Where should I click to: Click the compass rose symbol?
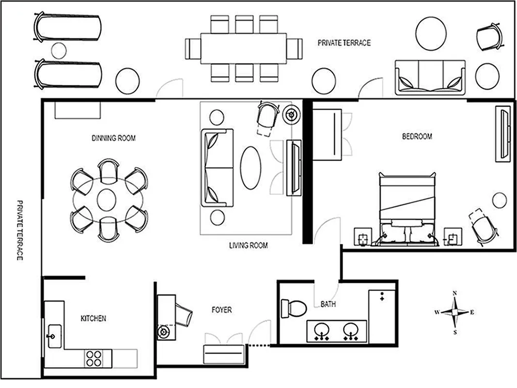[454, 312]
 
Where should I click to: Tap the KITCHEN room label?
[93, 319]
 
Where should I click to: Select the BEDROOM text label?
[417, 136]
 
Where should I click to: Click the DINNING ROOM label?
[113, 138]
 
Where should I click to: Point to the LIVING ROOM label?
[248, 245]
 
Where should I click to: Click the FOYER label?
[221, 309]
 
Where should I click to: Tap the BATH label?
[328, 305]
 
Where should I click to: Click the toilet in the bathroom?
[294, 307]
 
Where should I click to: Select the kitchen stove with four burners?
[94, 358]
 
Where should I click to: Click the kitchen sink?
[53, 335]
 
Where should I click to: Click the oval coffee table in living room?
[251, 168]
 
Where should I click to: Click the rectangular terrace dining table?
[243, 48]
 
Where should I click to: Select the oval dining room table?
[106, 199]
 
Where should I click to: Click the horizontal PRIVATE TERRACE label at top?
[344, 43]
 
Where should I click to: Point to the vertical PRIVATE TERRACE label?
[20, 230]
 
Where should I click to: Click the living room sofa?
[216, 168]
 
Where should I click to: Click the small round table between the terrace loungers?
[59, 50]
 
